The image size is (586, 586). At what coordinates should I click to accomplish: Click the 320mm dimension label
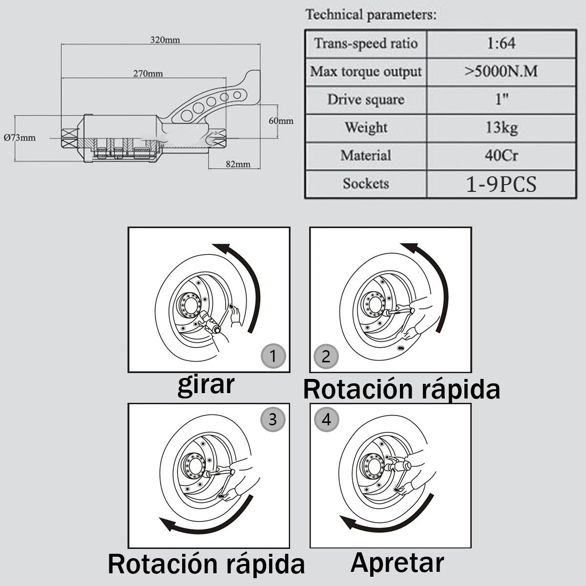(165, 40)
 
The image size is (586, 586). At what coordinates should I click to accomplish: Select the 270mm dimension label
(148, 74)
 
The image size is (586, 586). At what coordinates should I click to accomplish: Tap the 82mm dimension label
(238, 164)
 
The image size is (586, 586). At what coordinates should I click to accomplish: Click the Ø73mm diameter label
(20, 137)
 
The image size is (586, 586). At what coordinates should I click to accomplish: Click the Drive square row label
(366, 100)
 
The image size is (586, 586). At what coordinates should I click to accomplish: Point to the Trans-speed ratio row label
(366, 43)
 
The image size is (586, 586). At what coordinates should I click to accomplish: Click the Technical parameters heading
(371, 15)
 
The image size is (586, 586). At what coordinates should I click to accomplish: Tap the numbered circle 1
(272, 356)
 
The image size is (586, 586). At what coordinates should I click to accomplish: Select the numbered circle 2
(326, 356)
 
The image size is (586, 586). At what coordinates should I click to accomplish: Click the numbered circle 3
(272, 419)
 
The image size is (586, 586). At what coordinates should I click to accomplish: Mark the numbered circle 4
(326, 419)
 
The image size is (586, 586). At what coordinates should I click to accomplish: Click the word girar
(206, 385)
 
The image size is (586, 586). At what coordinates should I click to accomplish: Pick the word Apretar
(397, 563)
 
